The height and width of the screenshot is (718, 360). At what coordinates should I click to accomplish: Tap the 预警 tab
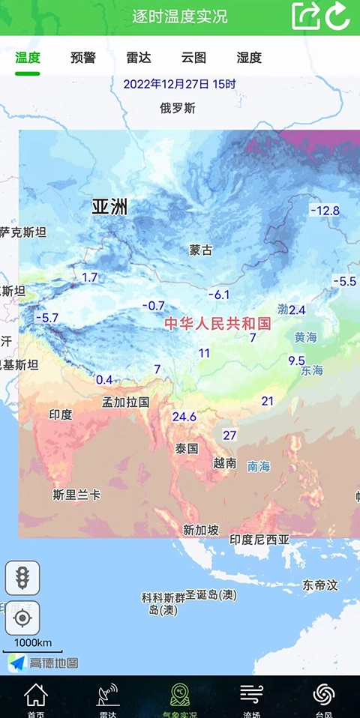pyautogui.click(x=82, y=58)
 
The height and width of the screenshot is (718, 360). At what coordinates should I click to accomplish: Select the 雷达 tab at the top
pyautogui.click(x=139, y=58)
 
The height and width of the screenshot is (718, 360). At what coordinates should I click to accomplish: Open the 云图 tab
pyautogui.click(x=193, y=58)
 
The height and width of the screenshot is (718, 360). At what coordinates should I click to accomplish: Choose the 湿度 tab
pyautogui.click(x=249, y=58)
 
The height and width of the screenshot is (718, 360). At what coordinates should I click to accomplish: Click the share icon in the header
pyautogui.click(x=306, y=16)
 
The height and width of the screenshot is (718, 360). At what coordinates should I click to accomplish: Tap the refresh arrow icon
pyautogui.click(x=338, y=16)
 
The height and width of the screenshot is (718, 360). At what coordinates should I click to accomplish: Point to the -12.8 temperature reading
pyautogui.click(x=325, y=211)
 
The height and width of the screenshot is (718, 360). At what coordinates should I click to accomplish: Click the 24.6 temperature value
pyautogui.click(x=184, y=417)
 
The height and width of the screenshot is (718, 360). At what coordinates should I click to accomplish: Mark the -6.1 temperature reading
pyautogui.click(x=219, y=295)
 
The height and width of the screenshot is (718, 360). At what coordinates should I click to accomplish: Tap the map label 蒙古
pyautogui.click(x=201, y=250)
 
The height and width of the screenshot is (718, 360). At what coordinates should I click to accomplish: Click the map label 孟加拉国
pyautogui.click(x=126, y=402)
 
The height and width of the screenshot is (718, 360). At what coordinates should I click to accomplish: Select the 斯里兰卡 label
pyautogui.click(x=76, y=495)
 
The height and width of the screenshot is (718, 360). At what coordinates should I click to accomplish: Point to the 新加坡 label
pyautogui.click(x=201, y=530)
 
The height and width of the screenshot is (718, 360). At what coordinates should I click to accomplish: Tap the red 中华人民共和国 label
pyautogui.click(x=217, y=324)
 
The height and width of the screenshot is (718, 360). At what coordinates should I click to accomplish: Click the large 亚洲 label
pyautogui.click(x=109, y=207)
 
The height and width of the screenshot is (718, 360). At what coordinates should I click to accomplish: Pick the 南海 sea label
pyautogui.click(x=259, y=466)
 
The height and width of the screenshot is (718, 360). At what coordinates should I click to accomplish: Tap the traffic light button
pyautogui.click(x=22, y=578)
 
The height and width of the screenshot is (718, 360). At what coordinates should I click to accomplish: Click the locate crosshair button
pyautogui.click(x=22, y=618)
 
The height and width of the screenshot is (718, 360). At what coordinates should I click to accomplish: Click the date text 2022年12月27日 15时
pyautogui.click(x=180, y=84)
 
